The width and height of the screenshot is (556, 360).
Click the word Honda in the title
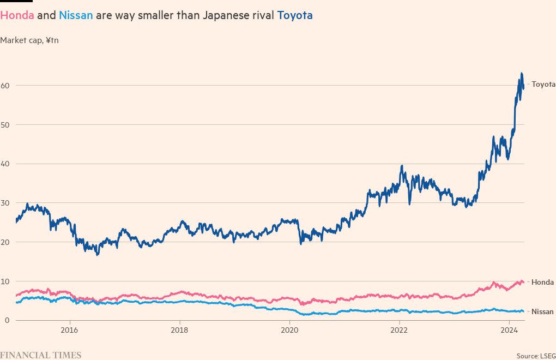click(17, 15)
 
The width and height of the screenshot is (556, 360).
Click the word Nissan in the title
click(76, 15)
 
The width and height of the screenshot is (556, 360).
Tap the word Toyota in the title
click(295, 15)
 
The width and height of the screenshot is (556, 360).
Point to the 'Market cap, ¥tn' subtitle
click(29, 40)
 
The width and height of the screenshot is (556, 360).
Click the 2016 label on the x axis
click(69, 330)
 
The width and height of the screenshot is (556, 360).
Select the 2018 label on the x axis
click(179, 330)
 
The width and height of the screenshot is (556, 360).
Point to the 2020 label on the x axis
click(289, 330)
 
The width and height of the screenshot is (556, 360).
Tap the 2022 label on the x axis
click(400, 330)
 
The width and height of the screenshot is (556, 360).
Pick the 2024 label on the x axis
click(509, 330)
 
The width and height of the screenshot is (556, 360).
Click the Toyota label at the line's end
click(543, 85)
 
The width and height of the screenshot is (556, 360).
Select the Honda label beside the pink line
click(542, 282)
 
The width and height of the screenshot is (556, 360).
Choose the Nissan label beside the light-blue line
click(542, 311)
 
